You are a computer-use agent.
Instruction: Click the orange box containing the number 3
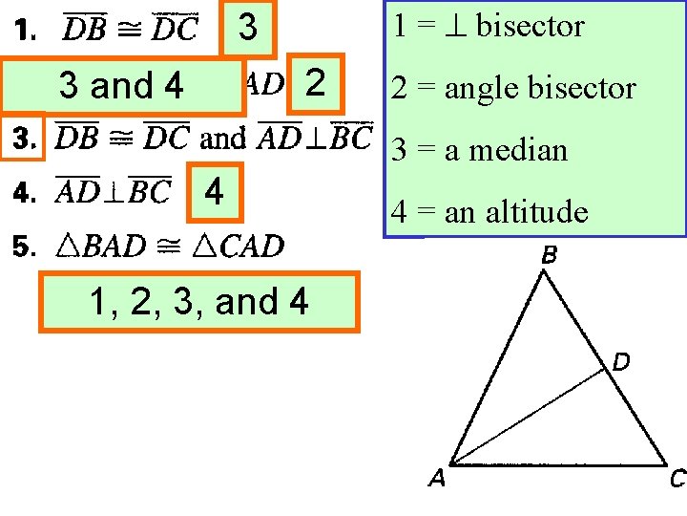point(248,28)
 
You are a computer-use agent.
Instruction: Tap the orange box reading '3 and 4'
point(121,86)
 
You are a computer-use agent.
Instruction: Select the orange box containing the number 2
point(316,83)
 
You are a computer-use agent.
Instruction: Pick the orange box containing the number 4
point(216,192)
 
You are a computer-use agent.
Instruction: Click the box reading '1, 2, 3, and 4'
point(198,302)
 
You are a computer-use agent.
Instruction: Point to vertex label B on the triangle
point(550,255)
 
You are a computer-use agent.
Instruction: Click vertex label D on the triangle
point(620,362)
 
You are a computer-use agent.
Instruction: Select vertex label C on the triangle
point(677,480)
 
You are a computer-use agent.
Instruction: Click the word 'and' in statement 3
point(223,139)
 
